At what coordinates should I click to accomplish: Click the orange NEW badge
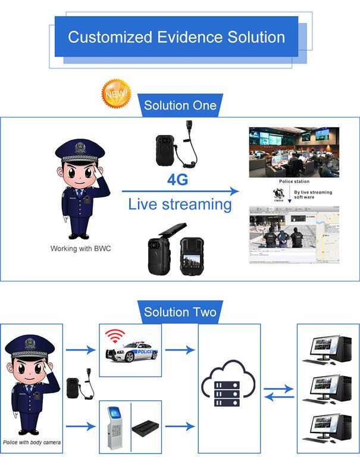click(114, 94)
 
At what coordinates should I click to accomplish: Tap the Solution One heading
click(180, 106)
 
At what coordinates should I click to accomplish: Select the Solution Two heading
click(180, 312)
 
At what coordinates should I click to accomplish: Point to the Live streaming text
click(180, 205)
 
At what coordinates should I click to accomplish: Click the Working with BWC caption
click(80, 248)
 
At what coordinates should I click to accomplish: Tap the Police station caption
click(294, 181)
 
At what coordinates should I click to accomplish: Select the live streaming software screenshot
click(294, 236)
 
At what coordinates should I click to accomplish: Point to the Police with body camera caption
click(32, 442)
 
